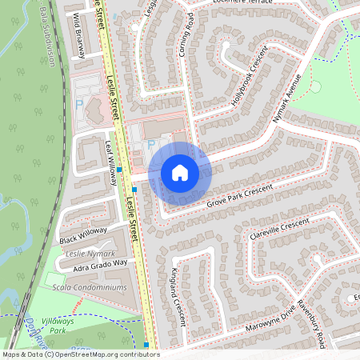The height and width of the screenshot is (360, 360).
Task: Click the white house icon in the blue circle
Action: [180, 172]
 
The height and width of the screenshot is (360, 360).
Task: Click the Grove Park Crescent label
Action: [239, 195]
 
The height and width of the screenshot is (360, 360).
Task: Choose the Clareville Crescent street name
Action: [278, 227]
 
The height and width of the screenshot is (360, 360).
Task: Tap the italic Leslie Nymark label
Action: [85, 252]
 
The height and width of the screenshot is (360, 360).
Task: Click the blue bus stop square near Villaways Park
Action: [146, 345]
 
